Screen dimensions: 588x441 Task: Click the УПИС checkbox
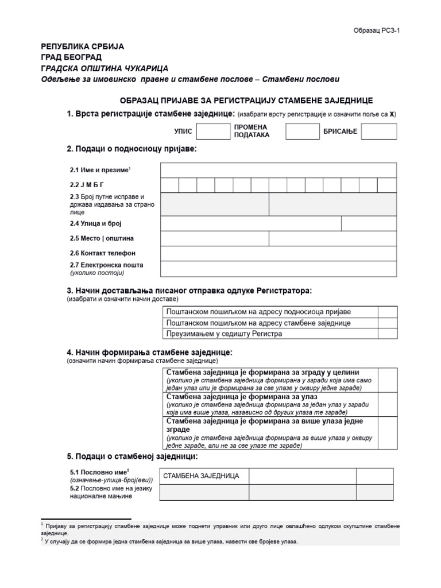(213, 131)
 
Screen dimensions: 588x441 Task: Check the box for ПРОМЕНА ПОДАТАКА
(303, 131)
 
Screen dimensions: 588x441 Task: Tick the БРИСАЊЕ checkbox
(379, 131)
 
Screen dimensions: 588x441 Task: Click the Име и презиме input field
(278, 170)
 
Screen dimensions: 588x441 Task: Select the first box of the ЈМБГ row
(170, 185)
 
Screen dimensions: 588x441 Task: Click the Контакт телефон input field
(278, 253)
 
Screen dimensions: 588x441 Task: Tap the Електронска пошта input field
(278, 269)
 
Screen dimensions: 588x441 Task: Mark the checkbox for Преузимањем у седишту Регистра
(387, 334)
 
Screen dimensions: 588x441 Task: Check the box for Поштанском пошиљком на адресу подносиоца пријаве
(387, 311)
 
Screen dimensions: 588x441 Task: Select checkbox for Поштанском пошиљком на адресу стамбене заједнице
(387, 323)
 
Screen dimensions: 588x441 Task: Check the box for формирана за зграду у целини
(387, 380)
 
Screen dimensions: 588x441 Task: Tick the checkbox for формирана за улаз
(387, 404)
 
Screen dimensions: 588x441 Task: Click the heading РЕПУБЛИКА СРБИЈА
(82, 46)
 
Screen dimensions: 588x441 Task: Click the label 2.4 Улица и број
(96, 223)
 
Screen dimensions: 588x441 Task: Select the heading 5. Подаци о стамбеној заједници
(132, 457)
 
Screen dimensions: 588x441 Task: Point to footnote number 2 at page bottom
(42, 540)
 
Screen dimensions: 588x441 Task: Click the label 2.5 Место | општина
(102, 238)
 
